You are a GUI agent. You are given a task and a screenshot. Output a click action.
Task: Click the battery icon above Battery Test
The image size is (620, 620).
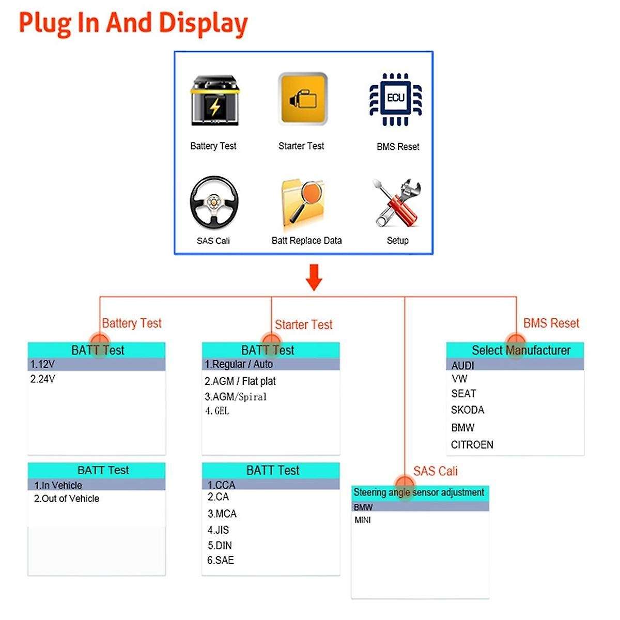(x=214, y=102)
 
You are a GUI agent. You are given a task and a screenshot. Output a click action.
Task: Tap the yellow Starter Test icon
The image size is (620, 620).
(x=303, y=99)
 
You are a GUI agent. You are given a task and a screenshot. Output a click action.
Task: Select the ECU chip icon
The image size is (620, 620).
(x=396, y=100)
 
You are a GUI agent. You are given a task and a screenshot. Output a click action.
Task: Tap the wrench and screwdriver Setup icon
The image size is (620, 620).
(x=396, y=203)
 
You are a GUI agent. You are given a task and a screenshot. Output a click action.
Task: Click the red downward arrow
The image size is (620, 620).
(x=314, y=277)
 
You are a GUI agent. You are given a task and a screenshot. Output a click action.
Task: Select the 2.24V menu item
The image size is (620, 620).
(x=43, y=379)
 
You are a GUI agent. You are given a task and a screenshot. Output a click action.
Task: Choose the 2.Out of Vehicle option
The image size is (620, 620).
(x=67, y=499)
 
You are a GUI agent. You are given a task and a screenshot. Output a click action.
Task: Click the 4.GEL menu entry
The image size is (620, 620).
(x=217, y=411)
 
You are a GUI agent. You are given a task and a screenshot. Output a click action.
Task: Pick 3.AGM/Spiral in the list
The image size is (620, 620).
(x=236, y=397)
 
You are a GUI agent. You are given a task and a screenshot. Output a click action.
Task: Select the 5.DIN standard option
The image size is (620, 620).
(x=220, y=546)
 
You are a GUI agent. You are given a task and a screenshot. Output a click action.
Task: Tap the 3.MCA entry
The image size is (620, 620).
(x=222, y=514)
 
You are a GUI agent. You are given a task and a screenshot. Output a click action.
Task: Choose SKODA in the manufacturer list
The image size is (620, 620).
(x=468, y=410)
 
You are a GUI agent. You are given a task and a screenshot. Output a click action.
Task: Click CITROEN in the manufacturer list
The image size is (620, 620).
(x=472, y=445)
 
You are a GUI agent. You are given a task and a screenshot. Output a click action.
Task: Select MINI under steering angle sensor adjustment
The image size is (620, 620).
(x=363, y=520)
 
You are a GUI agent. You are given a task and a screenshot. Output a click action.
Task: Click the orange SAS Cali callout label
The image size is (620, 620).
(x=435, y=471)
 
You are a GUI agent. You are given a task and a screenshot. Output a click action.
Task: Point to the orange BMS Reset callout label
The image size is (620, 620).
(x=551, y=323)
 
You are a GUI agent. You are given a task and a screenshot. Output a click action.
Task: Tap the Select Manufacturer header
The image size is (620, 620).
(x=521, y=350)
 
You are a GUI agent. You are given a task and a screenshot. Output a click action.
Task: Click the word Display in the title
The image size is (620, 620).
(x=203, y=23)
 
